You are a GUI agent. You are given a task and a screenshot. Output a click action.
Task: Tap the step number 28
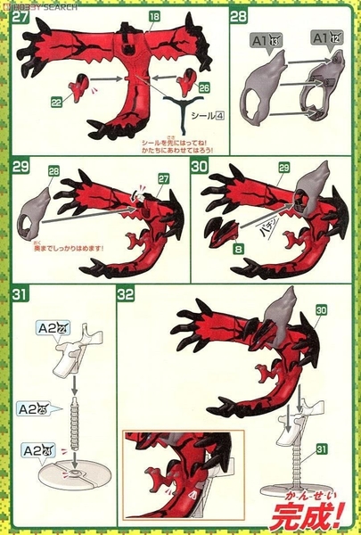239,18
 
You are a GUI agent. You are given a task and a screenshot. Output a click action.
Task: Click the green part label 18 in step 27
155,18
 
